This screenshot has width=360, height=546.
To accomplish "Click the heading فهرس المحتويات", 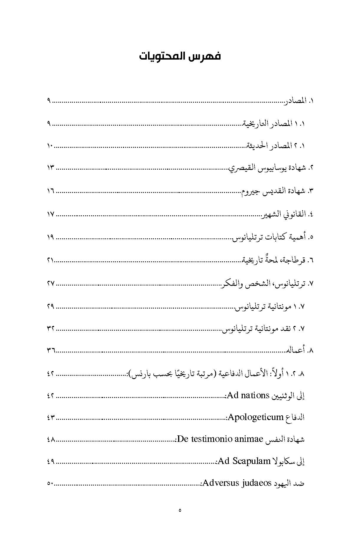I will click(180, 56).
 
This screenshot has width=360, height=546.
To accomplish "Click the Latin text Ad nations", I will click(248, 395).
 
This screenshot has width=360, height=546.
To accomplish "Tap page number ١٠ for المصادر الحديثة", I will click(50, 146).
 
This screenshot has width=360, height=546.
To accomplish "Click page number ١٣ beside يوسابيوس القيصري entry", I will click(51, 168).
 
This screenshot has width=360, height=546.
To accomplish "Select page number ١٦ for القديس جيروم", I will click(51, 191).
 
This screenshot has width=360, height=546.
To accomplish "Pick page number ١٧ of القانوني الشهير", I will click(51, 214).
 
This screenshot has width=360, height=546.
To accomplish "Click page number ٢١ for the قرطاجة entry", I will click(51, 260).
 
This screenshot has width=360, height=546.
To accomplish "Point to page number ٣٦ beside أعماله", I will click(51, 350).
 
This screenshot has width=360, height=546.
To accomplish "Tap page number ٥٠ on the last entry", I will click(50, 483).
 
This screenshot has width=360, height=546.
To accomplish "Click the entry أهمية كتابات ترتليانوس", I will click(269, 237).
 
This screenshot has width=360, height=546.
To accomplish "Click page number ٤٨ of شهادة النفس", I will click(51, 440).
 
